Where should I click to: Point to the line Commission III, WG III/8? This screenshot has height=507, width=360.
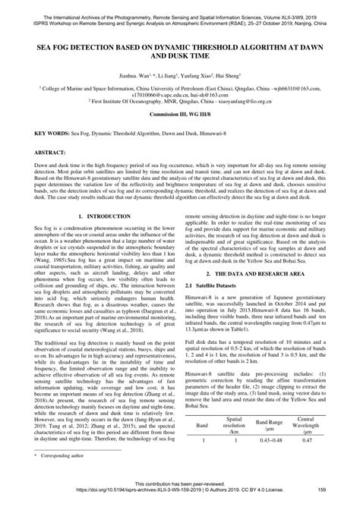pyautogui.click(x=179, y=123)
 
